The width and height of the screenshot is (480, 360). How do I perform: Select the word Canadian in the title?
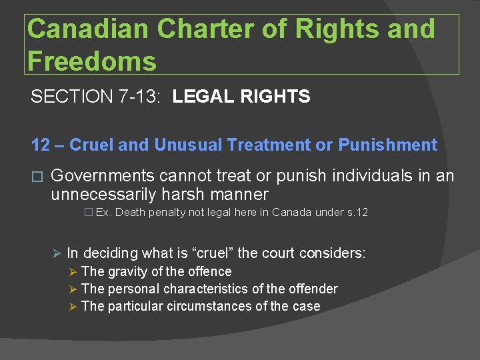tap(89, 30)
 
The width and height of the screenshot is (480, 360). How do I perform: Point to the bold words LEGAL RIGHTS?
tap(241, 97)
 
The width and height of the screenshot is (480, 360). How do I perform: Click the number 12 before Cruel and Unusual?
tap(40, 145)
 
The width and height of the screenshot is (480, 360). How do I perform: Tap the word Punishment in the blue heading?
tap(387, 145)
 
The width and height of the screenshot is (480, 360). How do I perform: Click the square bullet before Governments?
tap(37, 177)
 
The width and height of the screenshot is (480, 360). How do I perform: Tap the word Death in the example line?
tap(130, 213)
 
